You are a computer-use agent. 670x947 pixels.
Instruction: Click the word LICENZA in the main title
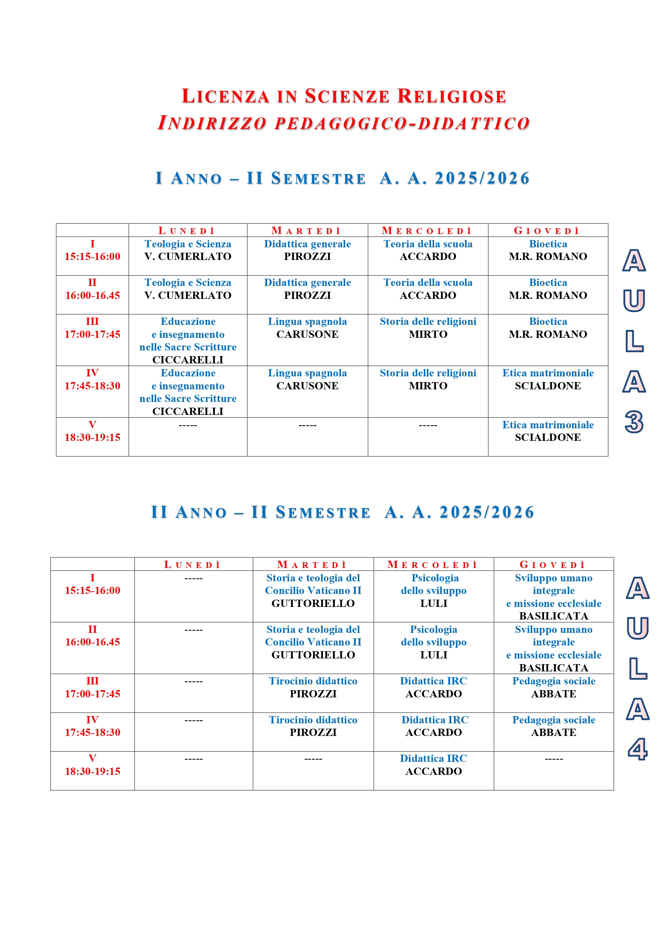226,96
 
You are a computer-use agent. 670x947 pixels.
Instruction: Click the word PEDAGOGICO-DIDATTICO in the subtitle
402,123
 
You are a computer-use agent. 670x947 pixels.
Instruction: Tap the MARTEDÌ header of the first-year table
307,231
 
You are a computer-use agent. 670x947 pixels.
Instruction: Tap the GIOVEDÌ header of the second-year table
553,564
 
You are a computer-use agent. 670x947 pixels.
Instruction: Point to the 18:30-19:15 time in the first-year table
92,437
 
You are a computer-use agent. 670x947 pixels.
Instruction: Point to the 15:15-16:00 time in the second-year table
92,590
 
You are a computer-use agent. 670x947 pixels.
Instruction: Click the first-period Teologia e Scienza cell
188,250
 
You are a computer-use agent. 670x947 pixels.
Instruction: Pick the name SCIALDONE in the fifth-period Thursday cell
547,437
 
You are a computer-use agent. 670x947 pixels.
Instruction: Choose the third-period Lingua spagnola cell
307,327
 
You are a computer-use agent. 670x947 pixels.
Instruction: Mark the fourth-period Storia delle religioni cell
428,379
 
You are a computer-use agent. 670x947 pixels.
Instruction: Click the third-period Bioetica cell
548,327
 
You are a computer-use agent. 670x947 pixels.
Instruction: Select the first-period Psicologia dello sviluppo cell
434,590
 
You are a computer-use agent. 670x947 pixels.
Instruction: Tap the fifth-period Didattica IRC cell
434,765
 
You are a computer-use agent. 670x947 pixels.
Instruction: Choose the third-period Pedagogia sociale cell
554,687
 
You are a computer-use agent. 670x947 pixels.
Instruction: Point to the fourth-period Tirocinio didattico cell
313,726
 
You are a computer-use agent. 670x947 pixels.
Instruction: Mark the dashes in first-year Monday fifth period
188,425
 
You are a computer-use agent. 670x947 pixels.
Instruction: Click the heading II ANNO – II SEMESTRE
260,512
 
